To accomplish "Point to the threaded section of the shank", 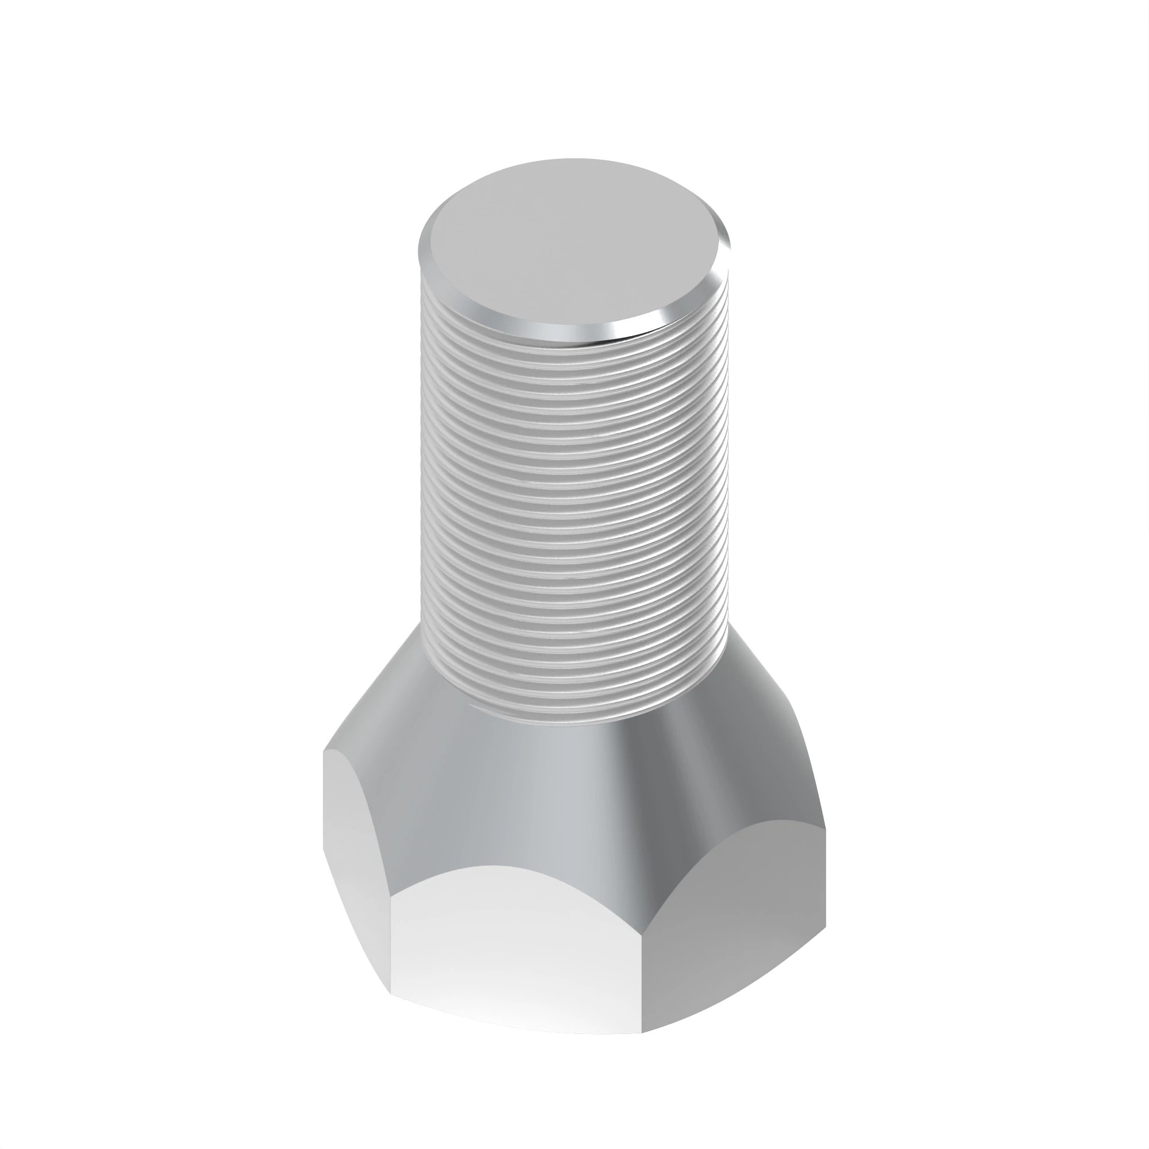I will point(574,506).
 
